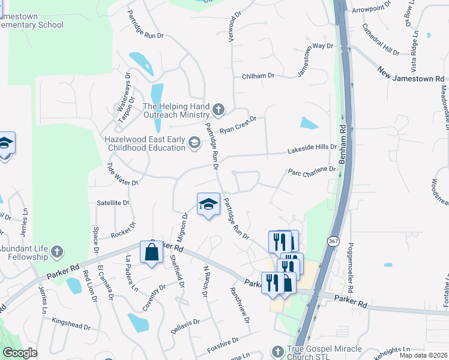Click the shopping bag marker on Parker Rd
click(x=152, y=252)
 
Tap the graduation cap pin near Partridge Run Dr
click(x=208, y=204)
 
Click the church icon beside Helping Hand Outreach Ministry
click(x=218, y=110)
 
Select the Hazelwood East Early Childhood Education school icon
click(x=194, y=142)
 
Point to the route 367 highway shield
click(x=333, y=241)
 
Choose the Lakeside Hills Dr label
click(x=313, y=148)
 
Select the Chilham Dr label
click(x=258, y=76)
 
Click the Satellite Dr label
click(x=113, y=203)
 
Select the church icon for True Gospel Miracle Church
click(x=277, y=351)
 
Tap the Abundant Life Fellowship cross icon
click(x=56, y=251)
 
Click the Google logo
click(x=20, y=353)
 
